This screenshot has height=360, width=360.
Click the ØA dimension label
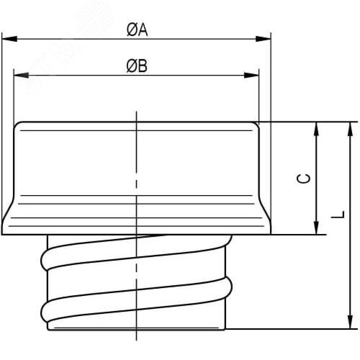tap(137, 30)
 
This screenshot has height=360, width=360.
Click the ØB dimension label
tap(137, 66)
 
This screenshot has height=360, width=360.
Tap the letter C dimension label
tap(303, 179)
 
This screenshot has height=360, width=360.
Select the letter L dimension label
tap(338, 215)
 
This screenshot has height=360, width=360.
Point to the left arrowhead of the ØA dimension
tap(9, 39)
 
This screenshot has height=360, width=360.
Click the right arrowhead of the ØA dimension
tap(264, 39)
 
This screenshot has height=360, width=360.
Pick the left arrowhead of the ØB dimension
tap(21, 75)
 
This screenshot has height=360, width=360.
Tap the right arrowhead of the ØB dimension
tap(251, 75)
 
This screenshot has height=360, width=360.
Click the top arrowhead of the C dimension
tap(316, 129)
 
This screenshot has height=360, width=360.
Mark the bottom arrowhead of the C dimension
tap(316, 227)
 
